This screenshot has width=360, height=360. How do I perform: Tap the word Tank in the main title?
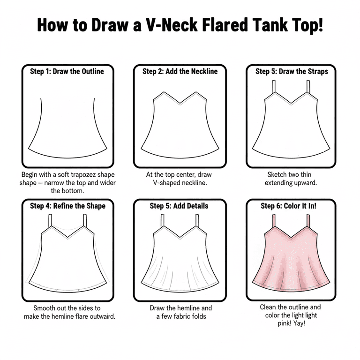pyautogui.click(x=269, y=25)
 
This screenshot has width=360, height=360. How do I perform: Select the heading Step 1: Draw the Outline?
pyautogui.click(x=67, y=71)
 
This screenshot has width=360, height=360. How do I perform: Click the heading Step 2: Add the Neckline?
pyautogui.click(x=180, y=71)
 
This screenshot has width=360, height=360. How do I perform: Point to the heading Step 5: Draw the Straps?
pyautogui.click(x=292, y=71)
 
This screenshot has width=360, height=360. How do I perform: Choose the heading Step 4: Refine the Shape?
pyautogui.click(x=67, y=206)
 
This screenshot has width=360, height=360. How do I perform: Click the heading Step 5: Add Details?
pyautogui.click(x=179, y=206)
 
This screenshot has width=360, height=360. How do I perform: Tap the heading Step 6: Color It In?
pyautogui.click(x=288, y=206)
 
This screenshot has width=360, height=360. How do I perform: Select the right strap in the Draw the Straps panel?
pyautogui.click(x=308, y=87)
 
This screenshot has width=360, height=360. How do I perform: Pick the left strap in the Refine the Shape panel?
pyautogui.click(x=50, y=221)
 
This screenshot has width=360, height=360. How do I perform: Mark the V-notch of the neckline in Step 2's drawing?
pyautogui.click(x=180, y=103)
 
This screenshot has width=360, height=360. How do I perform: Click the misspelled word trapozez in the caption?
pyautogui.click(x=83, y=175)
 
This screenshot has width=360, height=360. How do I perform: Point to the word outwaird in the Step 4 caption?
pyautogui.click(x=102, y=316)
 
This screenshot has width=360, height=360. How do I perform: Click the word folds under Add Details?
pyautogui.click(x=199, y=316)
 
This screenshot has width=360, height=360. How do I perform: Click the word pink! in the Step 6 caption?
pyautogui.click(x=285, y=324)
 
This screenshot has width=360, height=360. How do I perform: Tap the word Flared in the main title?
pyautogui.click(x=225, y=25)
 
